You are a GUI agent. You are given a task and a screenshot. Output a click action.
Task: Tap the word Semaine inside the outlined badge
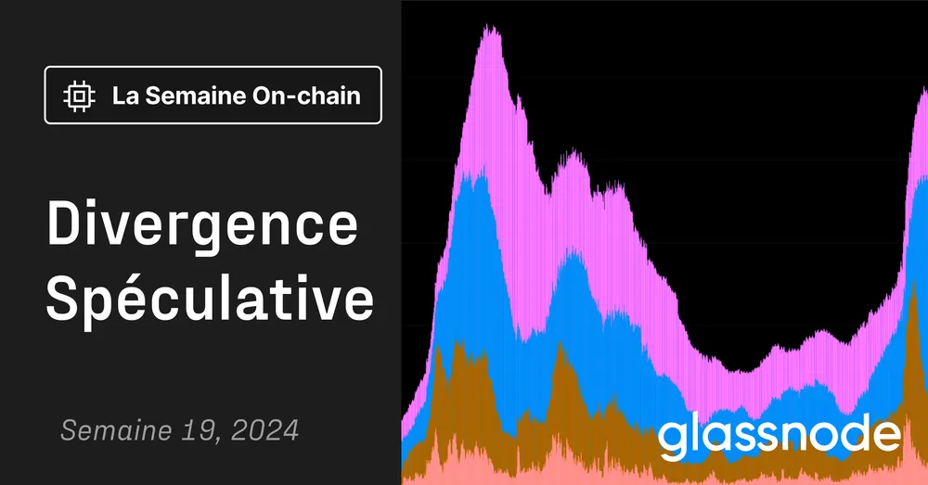pyautogui.click(x=190, y=95)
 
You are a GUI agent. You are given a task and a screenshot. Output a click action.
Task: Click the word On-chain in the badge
pyautogui.click(x=305, y=95)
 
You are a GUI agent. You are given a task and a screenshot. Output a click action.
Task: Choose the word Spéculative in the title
pyautogui.click(x=211, y=300)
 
